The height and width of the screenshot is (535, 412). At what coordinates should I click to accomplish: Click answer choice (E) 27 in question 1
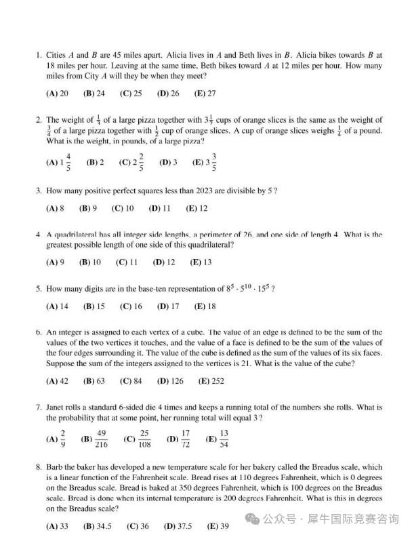(205, 94)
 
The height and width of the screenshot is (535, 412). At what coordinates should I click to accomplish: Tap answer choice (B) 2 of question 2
(95, 163)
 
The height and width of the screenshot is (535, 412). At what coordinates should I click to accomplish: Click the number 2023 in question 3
(178, 191)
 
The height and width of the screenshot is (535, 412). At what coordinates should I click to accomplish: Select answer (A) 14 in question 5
(57, 306)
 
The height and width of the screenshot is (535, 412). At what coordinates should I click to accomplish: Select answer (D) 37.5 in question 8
(178, 526)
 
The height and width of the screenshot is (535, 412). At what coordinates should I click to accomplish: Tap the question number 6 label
(39, 333)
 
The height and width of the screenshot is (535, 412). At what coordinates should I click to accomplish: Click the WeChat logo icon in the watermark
(253, 519)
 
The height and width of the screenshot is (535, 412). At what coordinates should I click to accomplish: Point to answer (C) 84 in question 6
(130, 382)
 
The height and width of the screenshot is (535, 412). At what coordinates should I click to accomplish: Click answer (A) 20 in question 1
(57, 94)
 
